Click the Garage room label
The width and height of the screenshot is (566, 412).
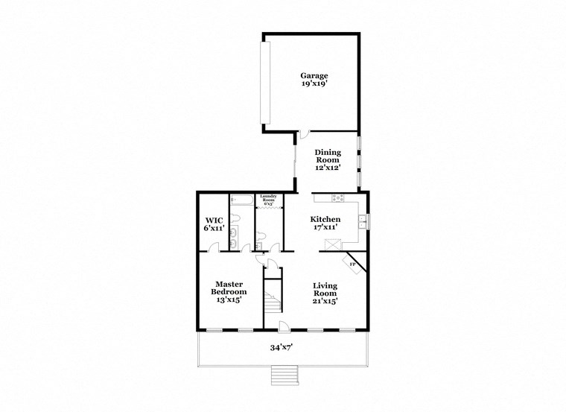[314, 75]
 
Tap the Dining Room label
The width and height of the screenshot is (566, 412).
[328, 160]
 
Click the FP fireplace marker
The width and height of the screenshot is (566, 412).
[352, 264]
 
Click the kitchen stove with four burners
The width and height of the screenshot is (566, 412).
[338, 197]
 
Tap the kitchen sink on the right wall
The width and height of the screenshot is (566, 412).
[363, 221]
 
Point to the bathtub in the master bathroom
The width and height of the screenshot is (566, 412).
[242, 200]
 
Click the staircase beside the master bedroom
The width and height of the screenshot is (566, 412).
[274, 302]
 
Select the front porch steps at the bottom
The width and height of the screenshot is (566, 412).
[284, 375]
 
